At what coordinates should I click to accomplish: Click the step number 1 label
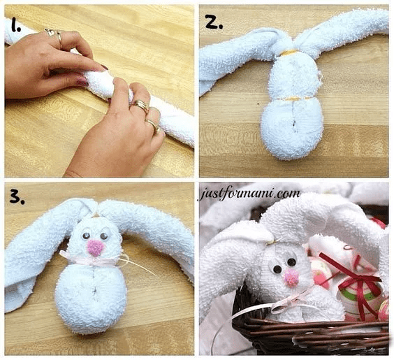[15, 25]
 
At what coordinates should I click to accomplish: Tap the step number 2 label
[214, 22]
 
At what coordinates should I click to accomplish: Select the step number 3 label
[17, 196]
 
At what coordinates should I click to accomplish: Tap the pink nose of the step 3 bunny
[95, 247]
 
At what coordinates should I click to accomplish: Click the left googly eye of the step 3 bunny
[86, 236]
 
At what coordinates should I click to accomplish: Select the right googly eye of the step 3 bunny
[104, 236]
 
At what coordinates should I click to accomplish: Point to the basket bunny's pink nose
[291, 278]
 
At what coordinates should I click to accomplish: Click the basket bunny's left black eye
[277, 269]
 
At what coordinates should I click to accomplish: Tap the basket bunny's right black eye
[291, 262]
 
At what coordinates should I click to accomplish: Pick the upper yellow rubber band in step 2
[289, 53]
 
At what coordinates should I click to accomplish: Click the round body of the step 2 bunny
[292, 128]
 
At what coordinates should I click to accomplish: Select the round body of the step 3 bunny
[91, 298]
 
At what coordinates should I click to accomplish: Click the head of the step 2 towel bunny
[295, 75]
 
